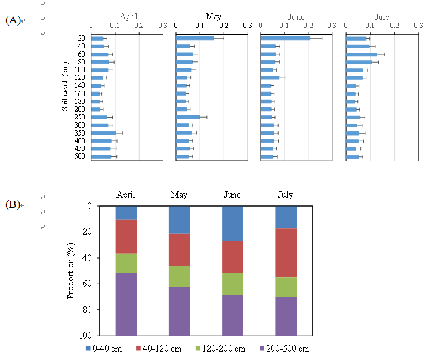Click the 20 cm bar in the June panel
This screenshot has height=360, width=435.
click(285, 38)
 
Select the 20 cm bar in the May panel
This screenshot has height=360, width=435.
click(195, 38)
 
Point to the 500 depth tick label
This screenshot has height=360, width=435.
click(81, 157)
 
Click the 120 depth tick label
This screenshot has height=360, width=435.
click(81, 78)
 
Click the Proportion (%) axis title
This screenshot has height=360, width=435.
click(71, 270)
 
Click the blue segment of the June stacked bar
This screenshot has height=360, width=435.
click(232, 223)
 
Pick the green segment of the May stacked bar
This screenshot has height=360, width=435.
click(179, 276)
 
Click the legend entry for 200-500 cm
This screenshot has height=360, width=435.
click(285, 349)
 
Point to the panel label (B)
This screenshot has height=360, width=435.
click(13, 205)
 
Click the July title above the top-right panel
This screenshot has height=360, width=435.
click(382, 17)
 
